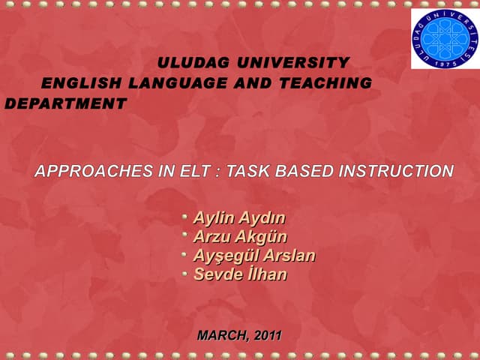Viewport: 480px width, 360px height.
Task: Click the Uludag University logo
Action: click(x=444, y=38)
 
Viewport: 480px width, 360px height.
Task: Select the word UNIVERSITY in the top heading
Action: click(x=291, y=63)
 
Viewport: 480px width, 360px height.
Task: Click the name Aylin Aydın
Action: click(x=239, y=218)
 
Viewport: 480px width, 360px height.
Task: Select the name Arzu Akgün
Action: click(x=240, y=237)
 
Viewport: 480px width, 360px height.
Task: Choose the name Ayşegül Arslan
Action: click(x=254, y=256)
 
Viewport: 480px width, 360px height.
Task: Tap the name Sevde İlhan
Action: click(x=240, y=274)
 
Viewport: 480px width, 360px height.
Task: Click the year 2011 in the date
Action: click(x=268, y=335)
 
